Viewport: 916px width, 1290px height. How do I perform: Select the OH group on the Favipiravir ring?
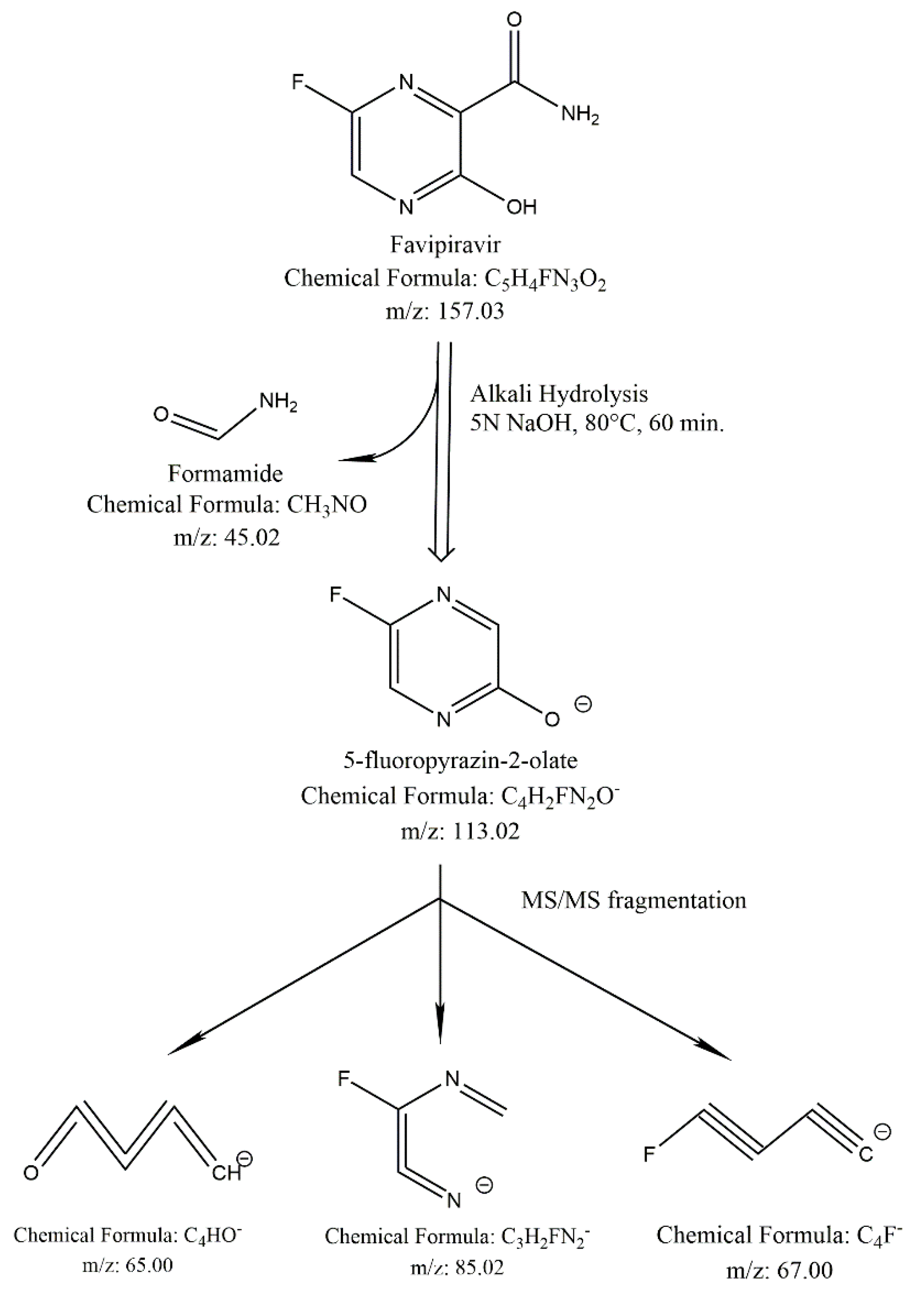pyautogui.click(x=520, y=208)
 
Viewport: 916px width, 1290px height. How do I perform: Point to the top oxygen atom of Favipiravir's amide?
pyautogui.click(x=514, y=20)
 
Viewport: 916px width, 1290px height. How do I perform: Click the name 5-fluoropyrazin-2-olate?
pyautogui.click(x=460, y=761)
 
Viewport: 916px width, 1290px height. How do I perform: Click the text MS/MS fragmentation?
pyautogui.click(x=634, y=900)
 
